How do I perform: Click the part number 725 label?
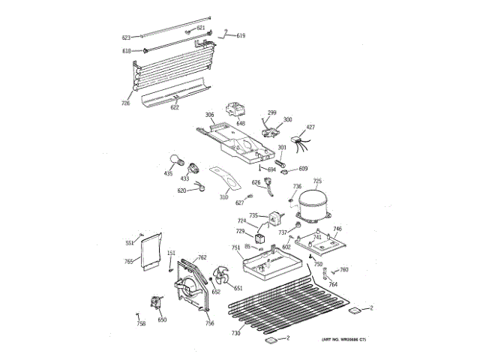317,181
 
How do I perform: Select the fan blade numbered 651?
223,277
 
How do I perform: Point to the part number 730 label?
235,333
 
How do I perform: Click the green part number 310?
223,197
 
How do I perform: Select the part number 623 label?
126,37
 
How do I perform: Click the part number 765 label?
128,261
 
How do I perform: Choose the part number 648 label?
241,123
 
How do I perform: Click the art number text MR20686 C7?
344,340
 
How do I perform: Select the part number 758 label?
141,324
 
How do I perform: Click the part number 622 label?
175,107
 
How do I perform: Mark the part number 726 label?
126,103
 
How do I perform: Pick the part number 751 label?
235,248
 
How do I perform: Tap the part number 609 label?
303,169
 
